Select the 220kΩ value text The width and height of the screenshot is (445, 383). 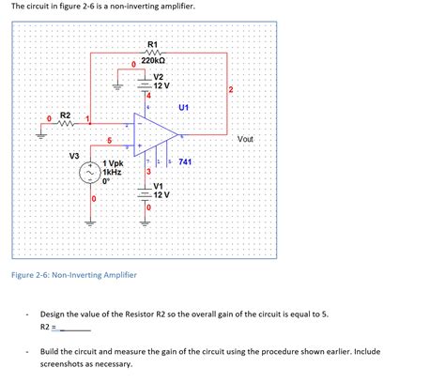(154, 61)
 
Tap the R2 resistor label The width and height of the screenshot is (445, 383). (65, 115)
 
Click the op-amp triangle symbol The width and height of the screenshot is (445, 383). (146, 131)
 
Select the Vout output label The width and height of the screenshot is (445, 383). (246, 139)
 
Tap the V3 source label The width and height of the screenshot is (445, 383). (74, 155)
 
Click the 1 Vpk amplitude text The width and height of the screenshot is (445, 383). (116, 162)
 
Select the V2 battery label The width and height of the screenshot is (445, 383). (159, 76)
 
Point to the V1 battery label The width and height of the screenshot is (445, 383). (158, 186)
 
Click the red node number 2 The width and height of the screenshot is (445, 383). (230, 90)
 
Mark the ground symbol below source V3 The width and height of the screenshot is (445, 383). (92, 222)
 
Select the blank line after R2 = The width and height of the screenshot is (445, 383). (75, 329)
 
